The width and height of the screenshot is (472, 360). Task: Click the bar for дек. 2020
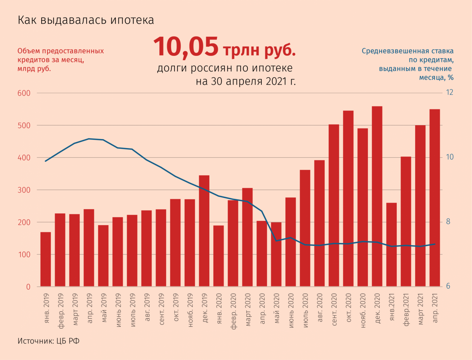pos(377,196)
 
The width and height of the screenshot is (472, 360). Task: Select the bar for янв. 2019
pos(45,259)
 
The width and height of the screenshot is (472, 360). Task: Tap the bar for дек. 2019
pos(204,231)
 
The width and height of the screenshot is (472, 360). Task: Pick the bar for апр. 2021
pos(435,198)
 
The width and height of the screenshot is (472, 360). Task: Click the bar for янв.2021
pos(391,245)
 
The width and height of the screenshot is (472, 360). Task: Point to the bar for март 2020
pos(247,237)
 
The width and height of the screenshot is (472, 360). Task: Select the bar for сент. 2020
pos(334,205)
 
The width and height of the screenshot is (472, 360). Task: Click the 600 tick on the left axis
pos(24,93)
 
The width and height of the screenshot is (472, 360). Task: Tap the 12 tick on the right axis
pos(449,92)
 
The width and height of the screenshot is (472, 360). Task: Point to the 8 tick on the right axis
pos(448,222)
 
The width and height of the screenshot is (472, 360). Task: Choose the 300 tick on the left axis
pos(24,190)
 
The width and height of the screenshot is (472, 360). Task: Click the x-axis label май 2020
pos(277,308)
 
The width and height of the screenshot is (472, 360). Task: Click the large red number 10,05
pos(186,47)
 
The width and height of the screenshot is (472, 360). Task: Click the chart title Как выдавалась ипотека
pos(86,20)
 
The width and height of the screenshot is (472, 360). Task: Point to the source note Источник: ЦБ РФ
pos(49,341)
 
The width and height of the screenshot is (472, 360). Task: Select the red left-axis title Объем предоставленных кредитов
pos(61,60)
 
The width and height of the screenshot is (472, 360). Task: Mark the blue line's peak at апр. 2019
pos(89,139)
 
